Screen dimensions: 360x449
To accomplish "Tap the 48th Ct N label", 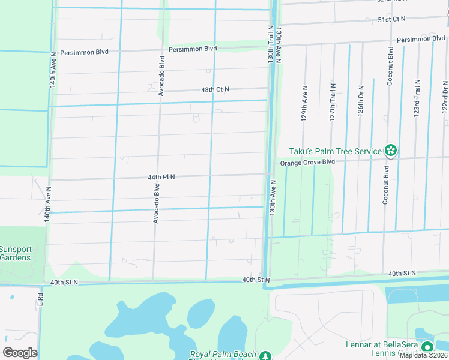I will [x=215, y=89].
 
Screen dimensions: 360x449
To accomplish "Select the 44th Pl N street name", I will [x=162, y=177].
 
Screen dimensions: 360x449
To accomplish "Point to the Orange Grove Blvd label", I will [x=307, y=162].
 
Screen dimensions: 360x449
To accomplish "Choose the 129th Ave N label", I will [x=304, y=101].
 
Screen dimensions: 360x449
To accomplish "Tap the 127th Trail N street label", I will [x=332, y=101].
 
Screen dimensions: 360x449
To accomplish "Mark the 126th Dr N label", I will [x=361, y=101].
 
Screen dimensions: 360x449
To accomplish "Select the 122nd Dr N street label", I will [x=445, y=96].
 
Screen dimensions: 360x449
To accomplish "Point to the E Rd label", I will [x=41, y=302].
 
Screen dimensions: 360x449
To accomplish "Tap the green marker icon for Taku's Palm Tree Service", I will [x=391, y=151].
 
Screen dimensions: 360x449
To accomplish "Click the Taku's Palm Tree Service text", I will [x=335, y=151].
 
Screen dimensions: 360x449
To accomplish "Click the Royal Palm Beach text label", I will [x=223, y=355].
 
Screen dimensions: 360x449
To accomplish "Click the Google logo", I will [x=20, y=353].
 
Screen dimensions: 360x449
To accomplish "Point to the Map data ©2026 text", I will [x=423, y=355].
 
